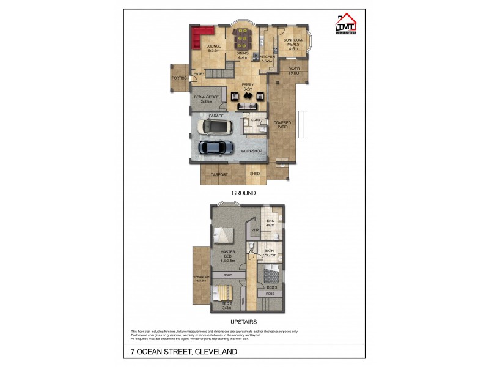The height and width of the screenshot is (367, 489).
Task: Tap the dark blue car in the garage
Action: [216, 147]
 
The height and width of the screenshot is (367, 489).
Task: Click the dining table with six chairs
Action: [242, 40]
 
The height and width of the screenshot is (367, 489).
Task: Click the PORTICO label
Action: [178, 78]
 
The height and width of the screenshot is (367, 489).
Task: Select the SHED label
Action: [255, 174]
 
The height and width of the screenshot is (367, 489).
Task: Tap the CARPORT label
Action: [219, 174]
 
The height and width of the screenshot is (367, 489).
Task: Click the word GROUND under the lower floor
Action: [243, 193]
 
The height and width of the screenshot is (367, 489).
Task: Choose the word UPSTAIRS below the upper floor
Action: [243, 321]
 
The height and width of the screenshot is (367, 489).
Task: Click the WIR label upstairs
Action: [255, 230]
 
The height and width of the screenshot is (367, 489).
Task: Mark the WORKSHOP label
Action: [251, 151]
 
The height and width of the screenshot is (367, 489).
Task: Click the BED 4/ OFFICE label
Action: [206, 98]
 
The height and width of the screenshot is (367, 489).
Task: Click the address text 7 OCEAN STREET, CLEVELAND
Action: [183, 352]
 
